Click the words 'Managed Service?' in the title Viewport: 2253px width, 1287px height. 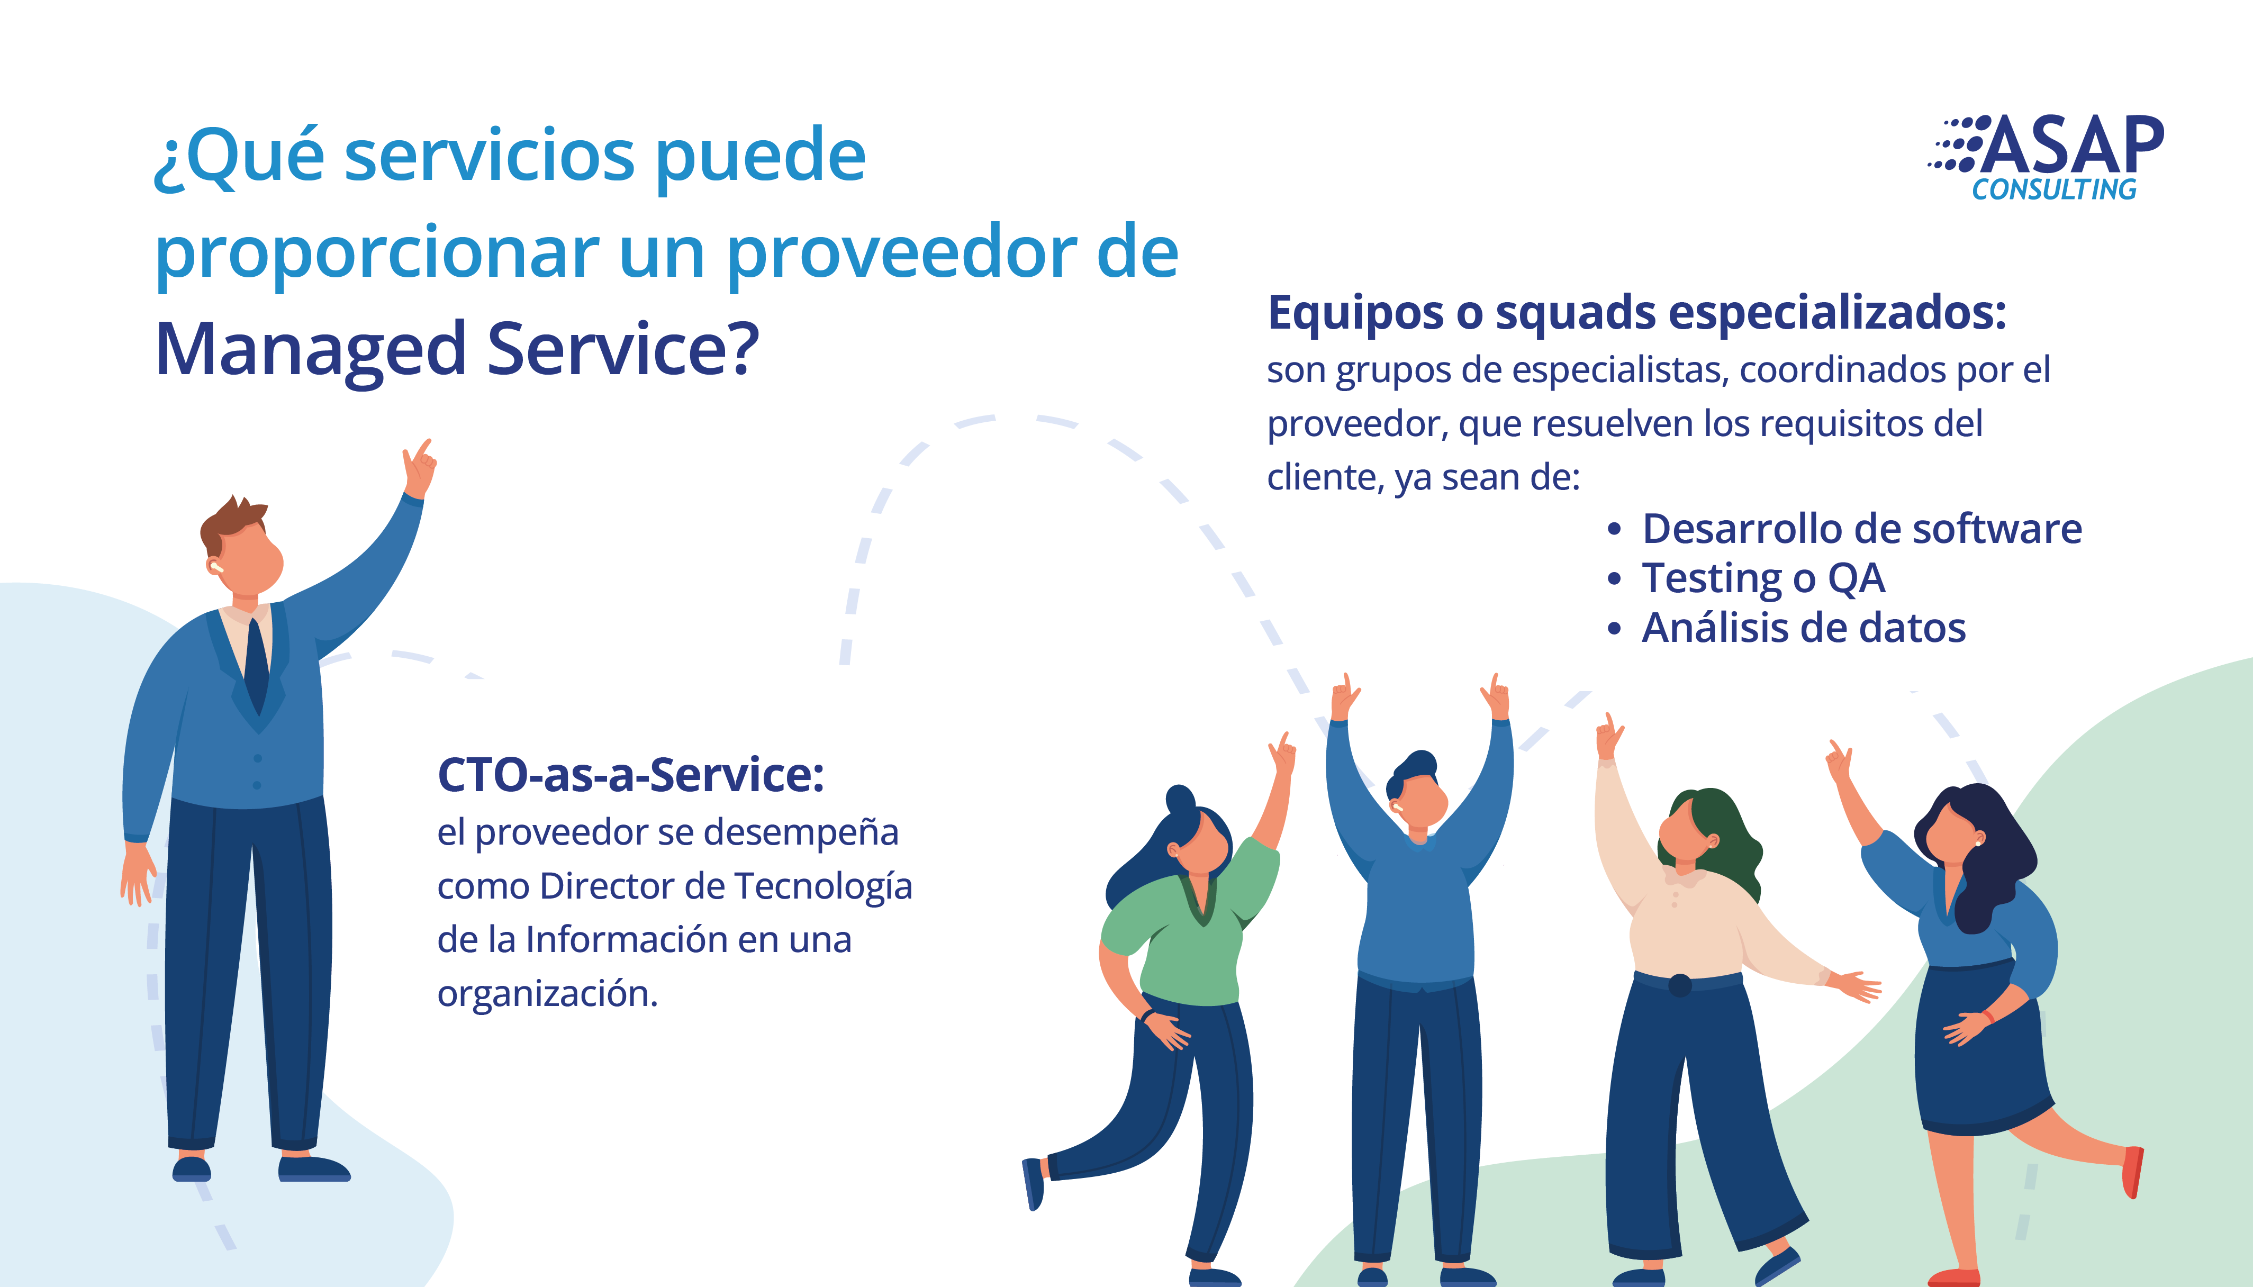pos(457,350)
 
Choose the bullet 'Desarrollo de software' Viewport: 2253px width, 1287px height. pos(1861,529)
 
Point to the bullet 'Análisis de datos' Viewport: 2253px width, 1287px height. pos(1803,628)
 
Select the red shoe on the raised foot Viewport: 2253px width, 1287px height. pos(2133,1171)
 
